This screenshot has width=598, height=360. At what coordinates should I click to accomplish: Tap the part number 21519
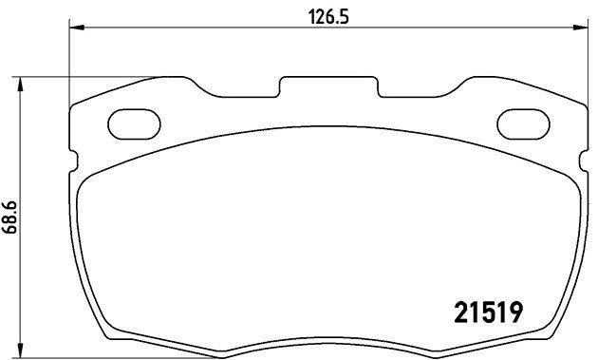[x=485, y=311]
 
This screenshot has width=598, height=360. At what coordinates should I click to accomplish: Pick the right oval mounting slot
[x=524, y=123]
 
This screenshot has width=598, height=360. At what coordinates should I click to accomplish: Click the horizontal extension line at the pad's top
[x=95, y=76]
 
